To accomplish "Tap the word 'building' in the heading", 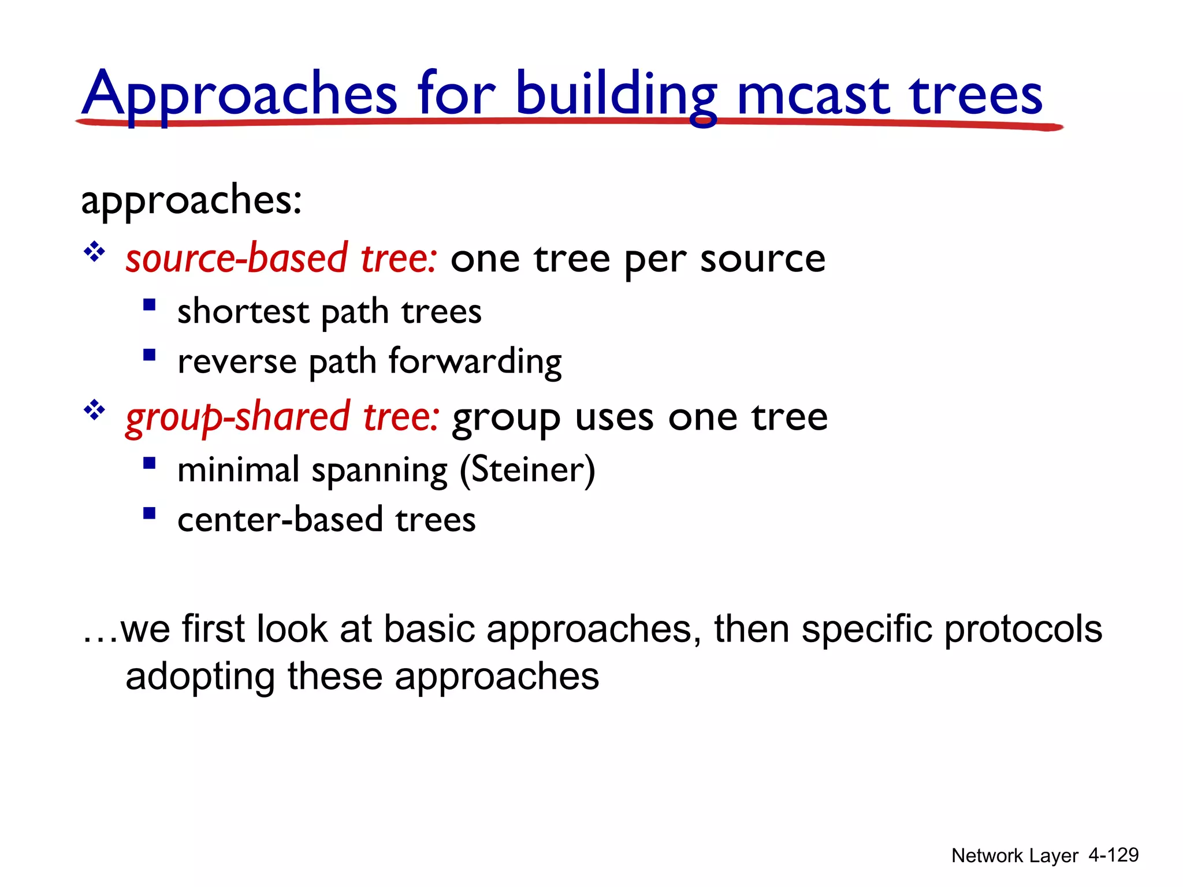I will pyautogui.click(x=616, y=95).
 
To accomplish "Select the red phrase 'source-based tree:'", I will pyautogui.click(x=281, y=258).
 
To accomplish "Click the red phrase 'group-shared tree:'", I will pyautogui.click(x=282, y=417).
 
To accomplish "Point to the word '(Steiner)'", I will pyautogui.click(x=527, y=469).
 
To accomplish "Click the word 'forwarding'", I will pyautogui.click(x=475, y=362).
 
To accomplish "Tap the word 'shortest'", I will pyautogui.click(x=243, y=312).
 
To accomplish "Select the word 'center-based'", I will pyautogui.click(x=280, y=520).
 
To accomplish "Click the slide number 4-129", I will pyautogui.click(x=1113, y=855).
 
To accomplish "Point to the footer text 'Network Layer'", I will pyautogui.click(x=1014, y=856).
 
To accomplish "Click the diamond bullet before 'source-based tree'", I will pyautogui.click(x=94, y=252).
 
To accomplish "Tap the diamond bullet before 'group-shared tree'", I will pyautogui.click(x=94, y=411).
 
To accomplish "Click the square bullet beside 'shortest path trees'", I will pyautogui.click(x=150, y=304).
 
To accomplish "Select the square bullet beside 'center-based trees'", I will pyautogui.click(x=150, y=513).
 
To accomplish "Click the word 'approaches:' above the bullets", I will pyautogui.click(x=191, y=200).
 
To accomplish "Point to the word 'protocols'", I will pyautogui.click(x=1023, y=629).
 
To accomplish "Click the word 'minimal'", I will pyautogui.click(x=238, y=469).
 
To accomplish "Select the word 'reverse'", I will pyautogui.click(x=237, y=362).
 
